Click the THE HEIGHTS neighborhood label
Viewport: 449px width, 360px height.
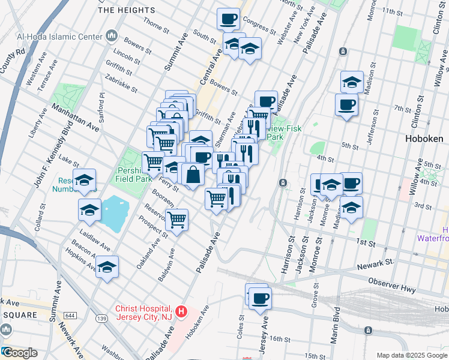point(126,10)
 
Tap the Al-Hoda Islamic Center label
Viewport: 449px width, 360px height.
point(60,37)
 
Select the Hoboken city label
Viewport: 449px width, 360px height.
point(424,139)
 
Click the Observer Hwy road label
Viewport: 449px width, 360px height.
point(391,285)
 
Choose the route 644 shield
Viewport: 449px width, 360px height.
point(71,316)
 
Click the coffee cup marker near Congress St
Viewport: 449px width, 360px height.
point(228,19)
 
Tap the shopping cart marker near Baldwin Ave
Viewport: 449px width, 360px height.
point(177,220)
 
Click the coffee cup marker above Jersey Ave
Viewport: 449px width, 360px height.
point(260,298)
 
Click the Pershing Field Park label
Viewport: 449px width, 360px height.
point(134,174)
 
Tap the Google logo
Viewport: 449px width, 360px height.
point(19,353)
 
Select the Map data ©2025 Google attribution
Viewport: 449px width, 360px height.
point(411,355)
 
